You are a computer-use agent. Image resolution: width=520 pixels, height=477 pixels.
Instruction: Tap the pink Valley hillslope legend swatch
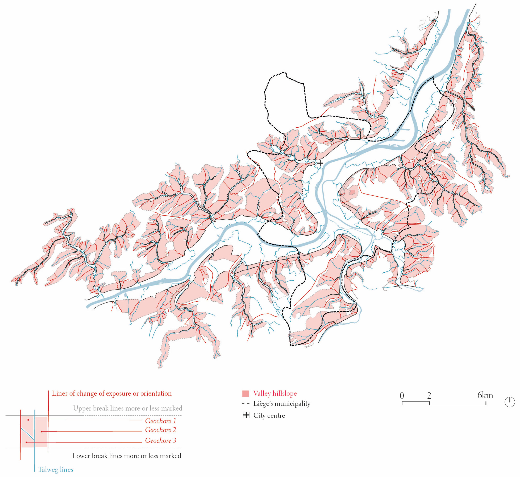coord(246,394)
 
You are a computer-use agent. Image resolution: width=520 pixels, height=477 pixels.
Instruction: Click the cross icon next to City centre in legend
coord(246,415)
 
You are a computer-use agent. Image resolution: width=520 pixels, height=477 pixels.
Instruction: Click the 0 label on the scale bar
coord(402,395)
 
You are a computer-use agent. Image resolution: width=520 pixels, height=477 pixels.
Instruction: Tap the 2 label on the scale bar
coord(429,395)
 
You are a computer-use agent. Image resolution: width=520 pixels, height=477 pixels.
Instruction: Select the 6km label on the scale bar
coord(485,395)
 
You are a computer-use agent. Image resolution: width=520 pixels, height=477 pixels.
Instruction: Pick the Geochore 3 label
coord(160,440)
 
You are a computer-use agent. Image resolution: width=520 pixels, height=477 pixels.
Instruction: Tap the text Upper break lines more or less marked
coord(128,408)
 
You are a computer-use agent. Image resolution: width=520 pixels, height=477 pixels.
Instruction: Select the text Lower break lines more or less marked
coord(126,456)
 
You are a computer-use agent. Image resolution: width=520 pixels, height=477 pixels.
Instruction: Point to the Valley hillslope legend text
coord(275,393)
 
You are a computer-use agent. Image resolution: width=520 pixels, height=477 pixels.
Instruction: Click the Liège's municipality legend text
coord(282,403)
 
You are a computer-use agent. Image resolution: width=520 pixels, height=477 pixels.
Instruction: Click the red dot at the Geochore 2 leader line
coord(41,432)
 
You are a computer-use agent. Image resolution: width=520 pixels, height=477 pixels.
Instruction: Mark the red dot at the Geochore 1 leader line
coord(28,420)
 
